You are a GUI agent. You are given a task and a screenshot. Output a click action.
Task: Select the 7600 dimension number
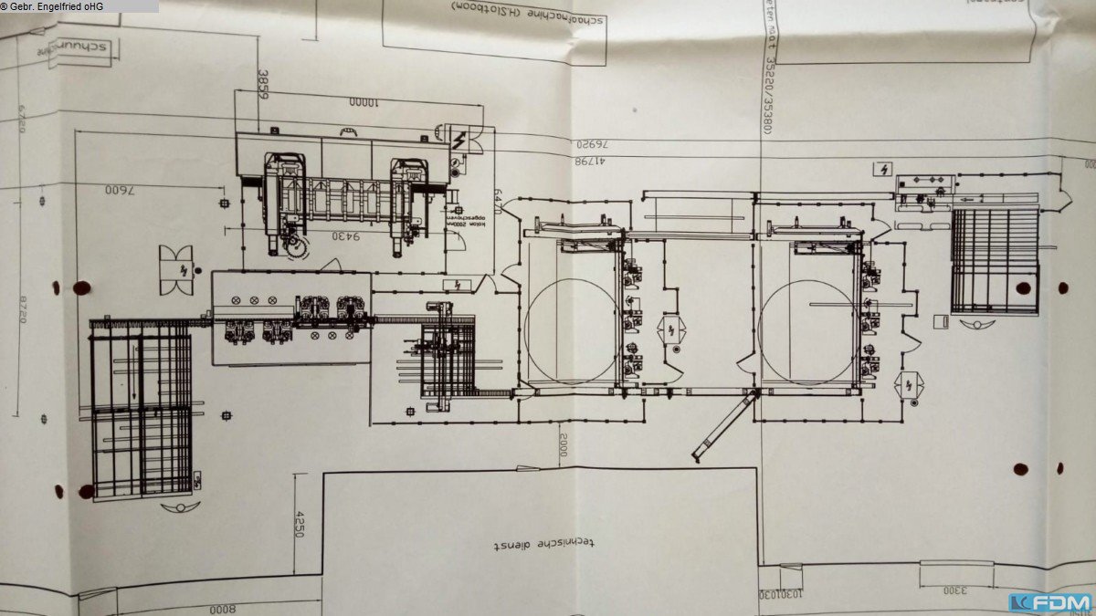[x=120, y=191]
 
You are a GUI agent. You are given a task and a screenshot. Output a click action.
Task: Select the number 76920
[x=594, y=144]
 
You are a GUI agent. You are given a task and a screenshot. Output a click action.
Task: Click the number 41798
[x=592, y=160]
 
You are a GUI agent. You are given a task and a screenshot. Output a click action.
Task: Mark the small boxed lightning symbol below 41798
[x=883, y=170]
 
